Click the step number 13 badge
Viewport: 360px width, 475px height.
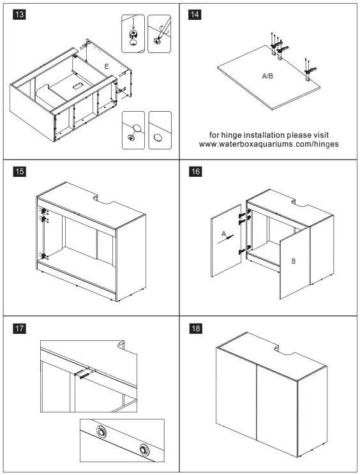pyautogui.click(x=19, y=14)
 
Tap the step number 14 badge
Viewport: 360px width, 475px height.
pyautogui.click(x=195, y=14)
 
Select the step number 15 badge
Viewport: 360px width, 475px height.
pyautogui.click(x=19, y=172)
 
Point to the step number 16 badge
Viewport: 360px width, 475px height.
pyautogui.click(x=195, y=172)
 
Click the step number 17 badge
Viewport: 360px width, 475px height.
pyautogui.click(x=19, y=328)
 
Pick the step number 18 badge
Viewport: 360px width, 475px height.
pyautogui.click(x=195, y=328)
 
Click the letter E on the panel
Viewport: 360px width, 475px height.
pyautogui.click(x=107, y=66)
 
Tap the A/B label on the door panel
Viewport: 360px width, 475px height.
pyautogui.click(x=267, y=76)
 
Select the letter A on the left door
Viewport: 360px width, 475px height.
pyautogui.click(x=224, y=234)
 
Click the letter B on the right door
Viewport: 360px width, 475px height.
pyautogui.click(x=293, y=261)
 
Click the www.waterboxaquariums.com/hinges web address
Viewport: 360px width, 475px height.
pyautogui.click(x=269, y=144)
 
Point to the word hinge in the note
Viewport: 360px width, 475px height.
pyautogui.click(x=231, y=135)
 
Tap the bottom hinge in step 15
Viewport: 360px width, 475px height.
pyautogui.click(x=44, y=256)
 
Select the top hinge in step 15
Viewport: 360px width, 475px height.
pyautogui.click(x=43, y=210)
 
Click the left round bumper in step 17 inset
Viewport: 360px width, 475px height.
pyautogui.click(x=101, y=431)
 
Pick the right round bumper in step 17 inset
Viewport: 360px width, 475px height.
pyautogui.click(x=144, y=449)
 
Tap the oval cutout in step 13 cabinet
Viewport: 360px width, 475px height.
pyautogui.click(x=77, y=85)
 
